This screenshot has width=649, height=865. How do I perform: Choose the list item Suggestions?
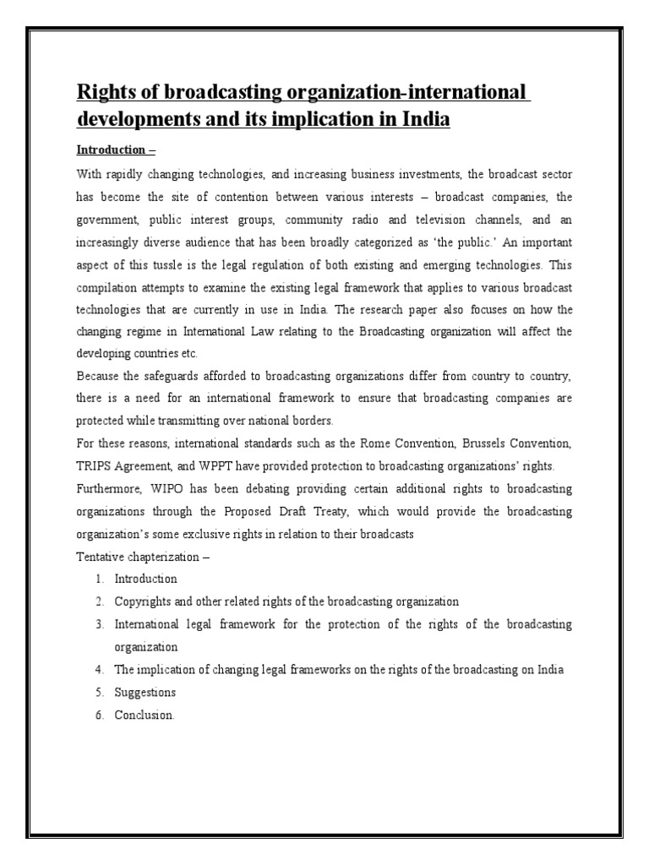[x=145, y=692]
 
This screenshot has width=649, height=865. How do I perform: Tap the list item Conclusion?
[x=145, y=715]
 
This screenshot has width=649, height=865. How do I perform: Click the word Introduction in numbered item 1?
[x=145, y=579]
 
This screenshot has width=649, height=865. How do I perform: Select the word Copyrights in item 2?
[x=145, y=601]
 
